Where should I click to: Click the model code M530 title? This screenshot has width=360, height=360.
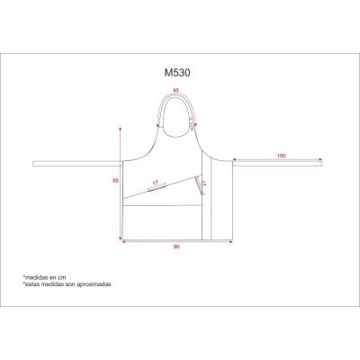(x=175, y=66)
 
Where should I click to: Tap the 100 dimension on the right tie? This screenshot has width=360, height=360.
(x=282, y=157)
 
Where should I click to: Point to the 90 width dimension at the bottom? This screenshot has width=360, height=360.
(x=178, y=247)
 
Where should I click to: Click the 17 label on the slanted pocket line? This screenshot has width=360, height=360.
(x=157, y=183)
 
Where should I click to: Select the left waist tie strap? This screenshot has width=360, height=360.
(x=76, y=163)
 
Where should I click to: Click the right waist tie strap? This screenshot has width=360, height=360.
(x=279, y=163)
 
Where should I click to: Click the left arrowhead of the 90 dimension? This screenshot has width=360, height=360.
(x=123, y=241)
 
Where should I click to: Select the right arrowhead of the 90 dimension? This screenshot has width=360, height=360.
(x=232, y=241)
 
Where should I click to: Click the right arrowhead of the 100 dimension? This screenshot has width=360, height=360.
(x=321, y=160)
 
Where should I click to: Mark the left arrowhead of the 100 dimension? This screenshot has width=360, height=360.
(x=236, y=160)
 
